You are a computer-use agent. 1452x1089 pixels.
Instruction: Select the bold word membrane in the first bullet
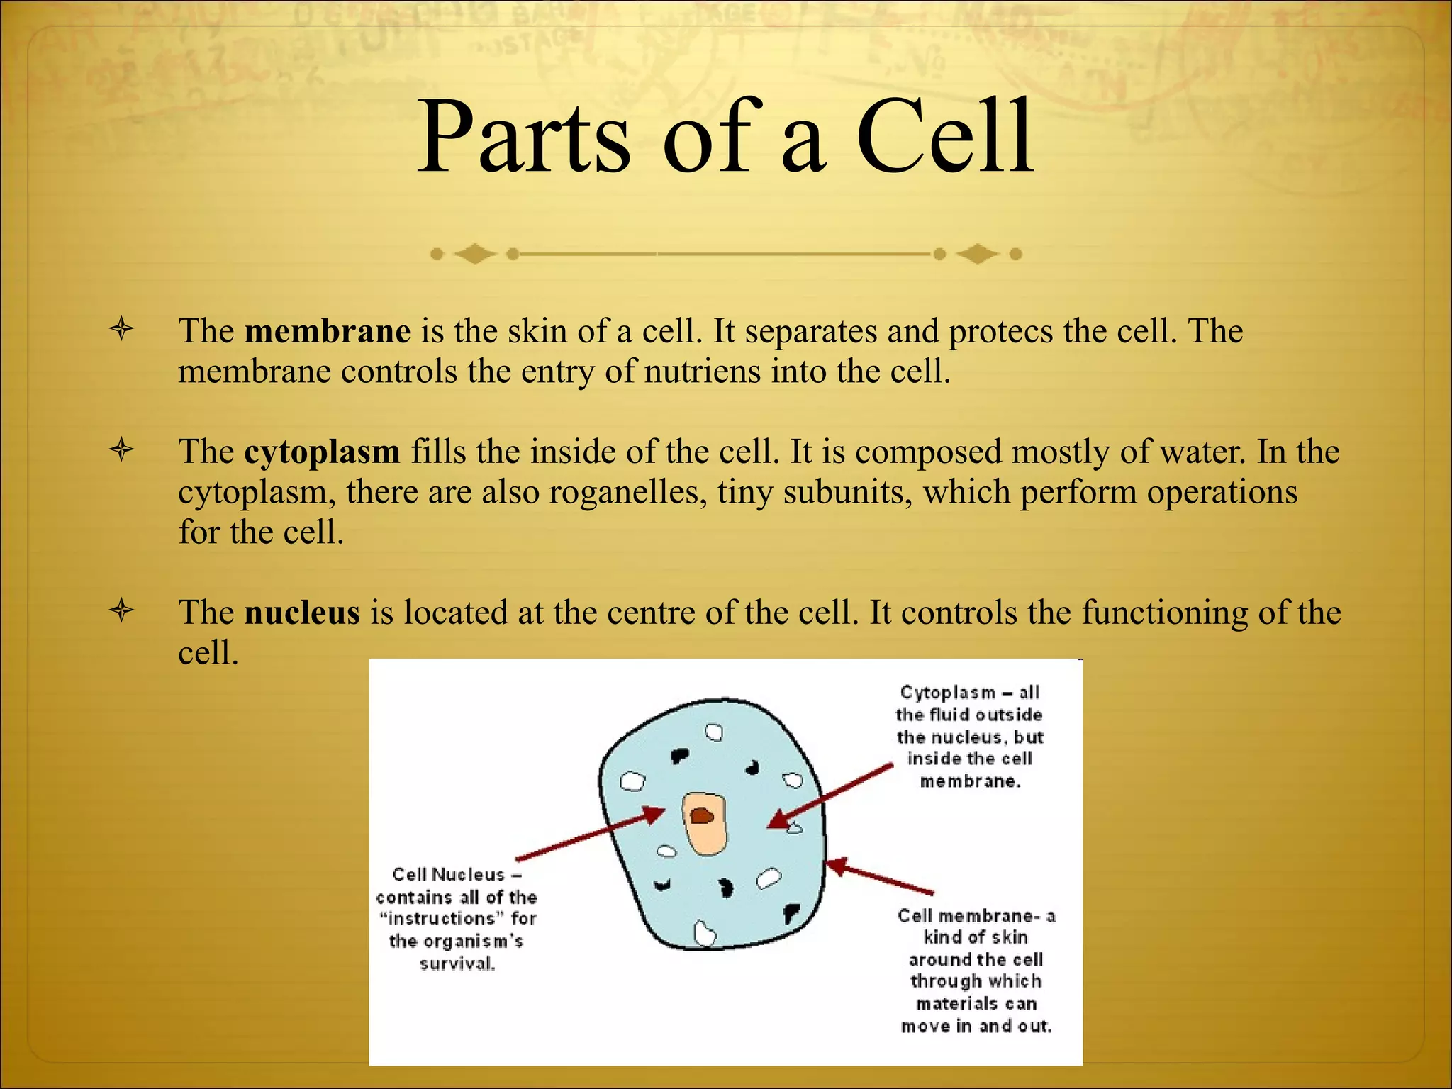[x=327, y=331]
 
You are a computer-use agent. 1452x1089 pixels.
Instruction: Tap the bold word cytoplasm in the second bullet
[x=322, y=452]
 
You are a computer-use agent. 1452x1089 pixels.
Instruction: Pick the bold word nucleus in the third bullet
[x=302, y=613]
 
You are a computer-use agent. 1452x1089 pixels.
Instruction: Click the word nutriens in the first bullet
[x=702, y=372]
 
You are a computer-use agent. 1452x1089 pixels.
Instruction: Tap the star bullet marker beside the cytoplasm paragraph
[x=122, y=450]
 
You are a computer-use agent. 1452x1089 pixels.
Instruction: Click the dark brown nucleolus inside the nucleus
[x=701, y=816]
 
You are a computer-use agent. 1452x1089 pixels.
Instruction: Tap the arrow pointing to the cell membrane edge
[x=879, y=877]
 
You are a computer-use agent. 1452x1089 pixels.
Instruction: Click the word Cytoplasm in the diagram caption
[x=947, y=693]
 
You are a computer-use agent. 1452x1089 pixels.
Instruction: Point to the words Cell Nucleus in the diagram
[x=448, y=875]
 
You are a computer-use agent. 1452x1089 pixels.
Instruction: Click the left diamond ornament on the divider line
[x=474, y=253]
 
